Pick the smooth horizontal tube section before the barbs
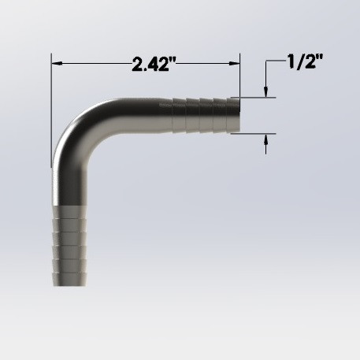142,115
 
